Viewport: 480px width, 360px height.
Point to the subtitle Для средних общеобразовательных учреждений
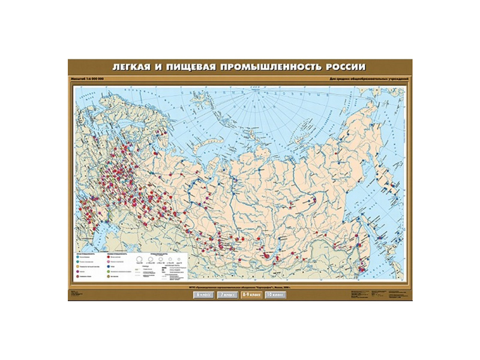point(369,79)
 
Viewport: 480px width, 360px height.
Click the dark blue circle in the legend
point(109,267)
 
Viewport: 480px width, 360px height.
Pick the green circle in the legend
point(109,272)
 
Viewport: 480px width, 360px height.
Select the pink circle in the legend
point(109,262)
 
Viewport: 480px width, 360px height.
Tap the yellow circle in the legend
point(78,267)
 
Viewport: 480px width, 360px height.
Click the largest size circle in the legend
point(139,259)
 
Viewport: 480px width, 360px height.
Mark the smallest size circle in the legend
point(179,259)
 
